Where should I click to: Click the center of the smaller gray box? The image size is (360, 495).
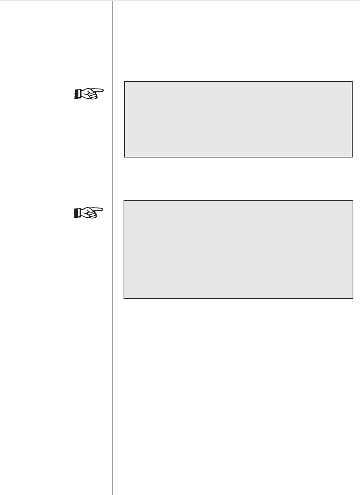(238, 119)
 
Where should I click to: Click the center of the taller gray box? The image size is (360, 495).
(238, 250)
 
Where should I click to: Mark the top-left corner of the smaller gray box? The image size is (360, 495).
(125, 82)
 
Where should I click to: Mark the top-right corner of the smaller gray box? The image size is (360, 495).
(352, 82)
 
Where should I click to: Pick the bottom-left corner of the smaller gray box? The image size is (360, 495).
(125, 157)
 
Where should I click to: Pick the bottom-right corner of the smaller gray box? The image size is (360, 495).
(352, 157)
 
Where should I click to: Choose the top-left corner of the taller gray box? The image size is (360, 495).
(124, 201)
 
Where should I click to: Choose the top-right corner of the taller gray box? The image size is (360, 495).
(353, 201)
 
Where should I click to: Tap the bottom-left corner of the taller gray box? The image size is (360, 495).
(124, 298)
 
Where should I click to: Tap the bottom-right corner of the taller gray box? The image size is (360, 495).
(353, 298)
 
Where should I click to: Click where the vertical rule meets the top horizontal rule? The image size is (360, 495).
(112, 1)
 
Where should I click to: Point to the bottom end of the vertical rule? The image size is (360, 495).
(112, 494)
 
